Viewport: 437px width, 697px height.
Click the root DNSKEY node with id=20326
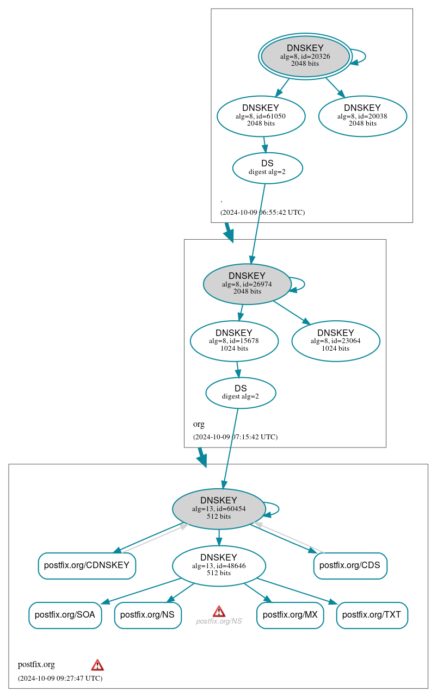(305, 57)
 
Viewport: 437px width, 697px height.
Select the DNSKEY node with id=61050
(261, 116)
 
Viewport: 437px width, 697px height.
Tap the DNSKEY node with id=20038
(362, 116)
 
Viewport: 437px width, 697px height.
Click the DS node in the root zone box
(267, 167)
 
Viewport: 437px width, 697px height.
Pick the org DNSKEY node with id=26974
(247, 284)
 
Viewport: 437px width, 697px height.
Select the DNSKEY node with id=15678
(234, 341)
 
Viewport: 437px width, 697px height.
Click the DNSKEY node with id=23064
(336, 341)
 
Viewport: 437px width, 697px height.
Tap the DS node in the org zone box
(241, 393)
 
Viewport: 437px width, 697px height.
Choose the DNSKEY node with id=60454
(219, 508)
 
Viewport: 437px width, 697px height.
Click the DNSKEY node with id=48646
(219, 565)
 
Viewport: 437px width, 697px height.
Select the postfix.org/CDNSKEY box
(87, 565)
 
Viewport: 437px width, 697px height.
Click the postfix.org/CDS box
(350, 565)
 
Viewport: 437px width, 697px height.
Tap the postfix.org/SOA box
(65, 615)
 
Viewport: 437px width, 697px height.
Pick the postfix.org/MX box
(290, 615)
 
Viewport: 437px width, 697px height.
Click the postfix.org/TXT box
(372, 615)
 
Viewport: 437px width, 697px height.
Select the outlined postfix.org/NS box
(147, 615)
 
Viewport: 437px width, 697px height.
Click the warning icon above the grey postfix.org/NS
(219, 611)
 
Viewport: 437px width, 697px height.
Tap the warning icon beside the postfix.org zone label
(97, 664)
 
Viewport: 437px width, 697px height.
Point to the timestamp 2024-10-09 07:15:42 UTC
(235, 437)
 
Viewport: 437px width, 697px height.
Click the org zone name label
(199, 424)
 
